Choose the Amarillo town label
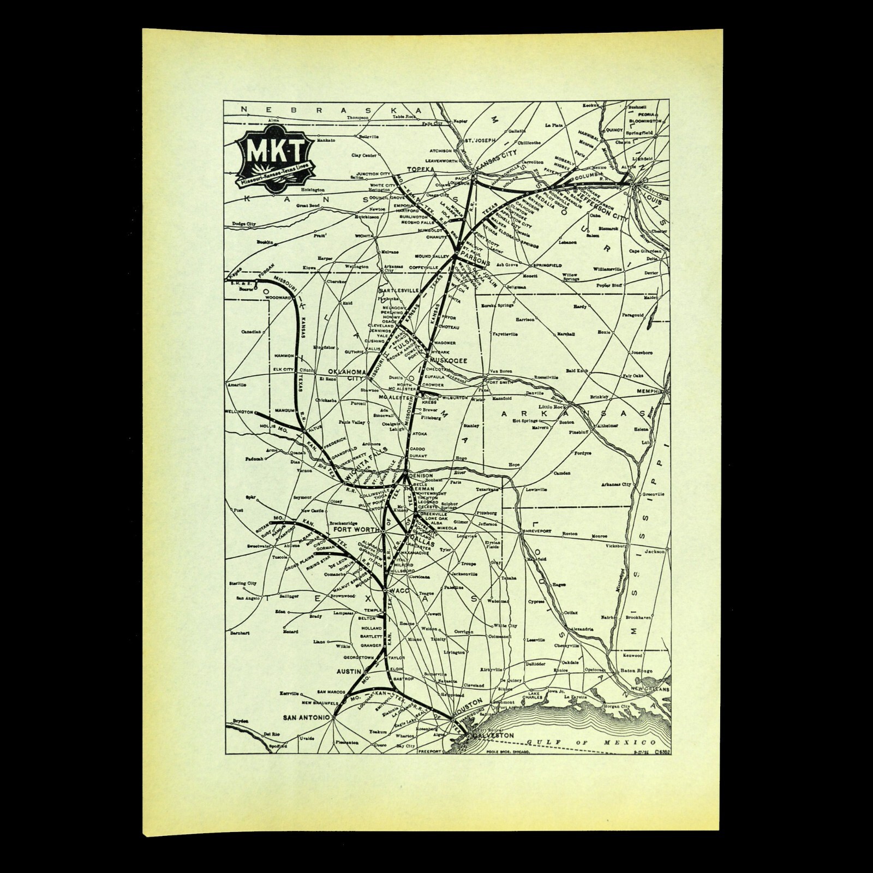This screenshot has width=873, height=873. coord(238,385)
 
